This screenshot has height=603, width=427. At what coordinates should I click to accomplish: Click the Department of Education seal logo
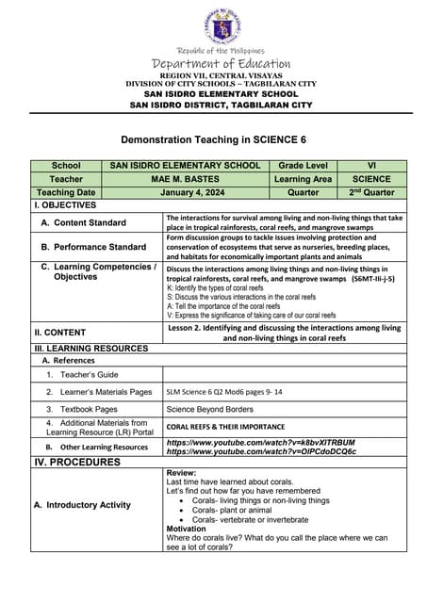click(222, 26)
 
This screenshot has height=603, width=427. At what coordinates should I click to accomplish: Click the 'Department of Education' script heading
click(222, 63)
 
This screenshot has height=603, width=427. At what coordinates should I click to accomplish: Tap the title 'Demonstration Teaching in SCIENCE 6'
click(222, 139)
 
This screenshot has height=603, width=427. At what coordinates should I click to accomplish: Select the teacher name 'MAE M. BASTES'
click(185, 179)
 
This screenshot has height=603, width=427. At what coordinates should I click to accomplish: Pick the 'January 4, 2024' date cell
click(185, 192)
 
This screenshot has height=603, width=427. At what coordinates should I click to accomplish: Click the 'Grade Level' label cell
click(304, 166)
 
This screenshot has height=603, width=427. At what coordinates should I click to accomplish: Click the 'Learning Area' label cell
click(304, 179)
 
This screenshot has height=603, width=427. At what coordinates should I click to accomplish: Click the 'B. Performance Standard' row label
click(93, 247)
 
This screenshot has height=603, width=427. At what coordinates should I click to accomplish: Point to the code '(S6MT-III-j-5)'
click(372, 280)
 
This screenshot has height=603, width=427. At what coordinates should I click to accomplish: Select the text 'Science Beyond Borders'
click(209, 410)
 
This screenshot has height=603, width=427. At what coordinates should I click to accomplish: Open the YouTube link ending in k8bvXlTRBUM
click(261, 442)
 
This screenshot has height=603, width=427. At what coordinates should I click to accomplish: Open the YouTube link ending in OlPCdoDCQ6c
click(261, 451)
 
